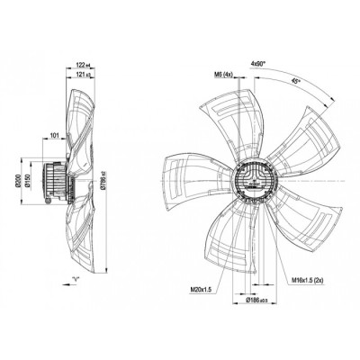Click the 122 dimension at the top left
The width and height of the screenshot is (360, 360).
coord(83,65)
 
